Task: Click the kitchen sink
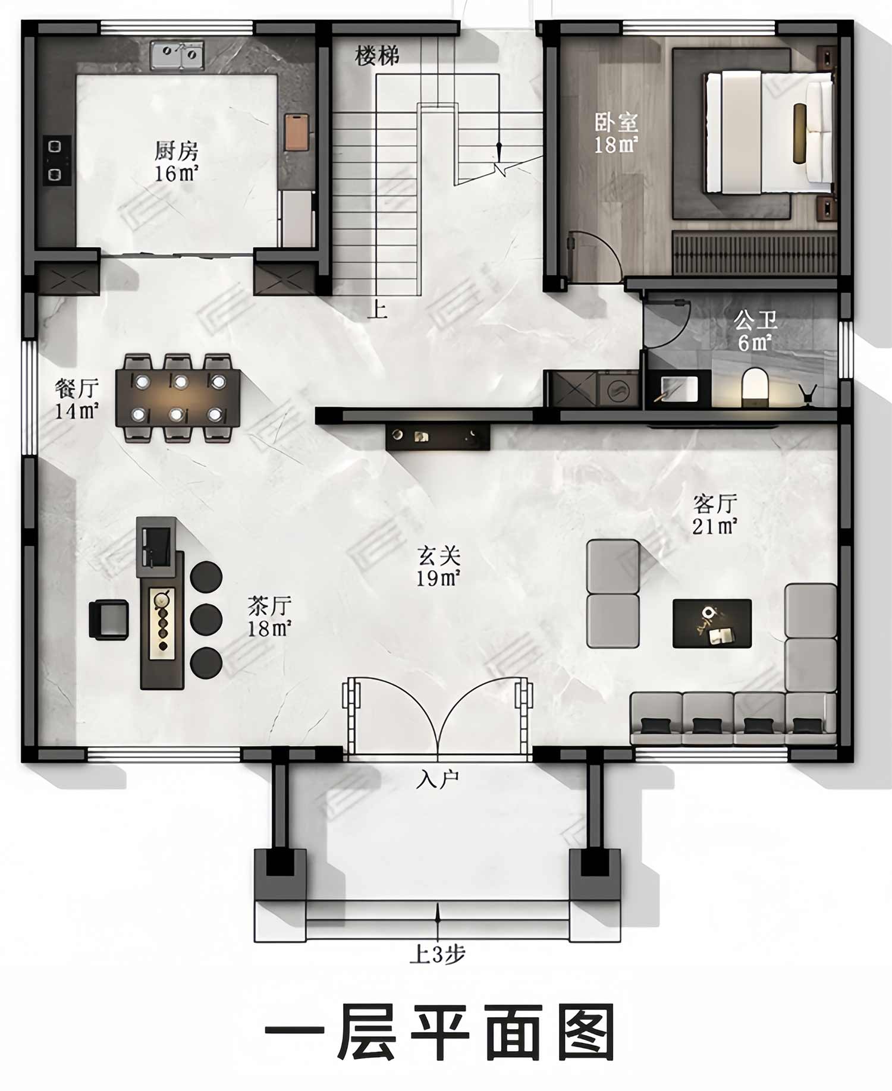[177, 55]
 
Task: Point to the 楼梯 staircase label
[377, 56]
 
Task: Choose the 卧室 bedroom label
[616, 122]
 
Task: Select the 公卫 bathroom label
[755, 321]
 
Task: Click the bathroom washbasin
[679, 389]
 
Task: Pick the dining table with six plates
[178, 398]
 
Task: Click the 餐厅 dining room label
[77, 388]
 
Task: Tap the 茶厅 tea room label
[269, 606]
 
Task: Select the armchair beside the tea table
[109, 620]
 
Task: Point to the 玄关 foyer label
[439, 556]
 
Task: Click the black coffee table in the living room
[712, 623]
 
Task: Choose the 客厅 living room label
[715, 504]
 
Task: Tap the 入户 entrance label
[438, 779]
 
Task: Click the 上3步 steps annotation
[438, 954]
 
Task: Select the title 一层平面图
[439, 1032]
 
